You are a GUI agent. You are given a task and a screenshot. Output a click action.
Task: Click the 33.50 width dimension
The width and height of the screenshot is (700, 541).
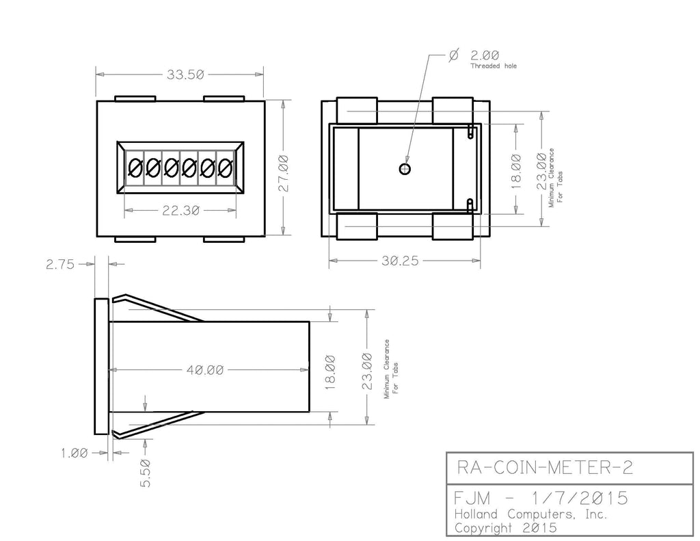[185, 75]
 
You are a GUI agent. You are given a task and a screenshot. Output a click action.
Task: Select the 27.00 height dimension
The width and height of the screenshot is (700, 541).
[284, 173]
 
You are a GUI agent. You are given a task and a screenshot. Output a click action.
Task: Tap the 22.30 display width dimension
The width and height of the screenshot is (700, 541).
[180, 211]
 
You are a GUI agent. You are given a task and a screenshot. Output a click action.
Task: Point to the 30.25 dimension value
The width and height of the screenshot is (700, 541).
[400, 261]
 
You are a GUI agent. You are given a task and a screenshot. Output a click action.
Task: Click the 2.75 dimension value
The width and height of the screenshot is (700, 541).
[60, 265]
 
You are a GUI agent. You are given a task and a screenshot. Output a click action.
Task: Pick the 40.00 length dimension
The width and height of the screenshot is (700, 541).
[205, 370]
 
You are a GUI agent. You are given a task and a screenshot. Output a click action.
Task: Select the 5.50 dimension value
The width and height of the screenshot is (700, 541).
[146, 473]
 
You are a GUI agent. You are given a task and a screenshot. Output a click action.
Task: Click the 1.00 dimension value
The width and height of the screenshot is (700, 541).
[75, 453]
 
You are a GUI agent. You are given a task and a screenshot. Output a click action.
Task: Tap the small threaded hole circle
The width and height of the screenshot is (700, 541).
[405, 169]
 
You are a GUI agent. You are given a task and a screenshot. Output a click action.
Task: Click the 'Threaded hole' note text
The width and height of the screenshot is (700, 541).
[494, 66]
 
